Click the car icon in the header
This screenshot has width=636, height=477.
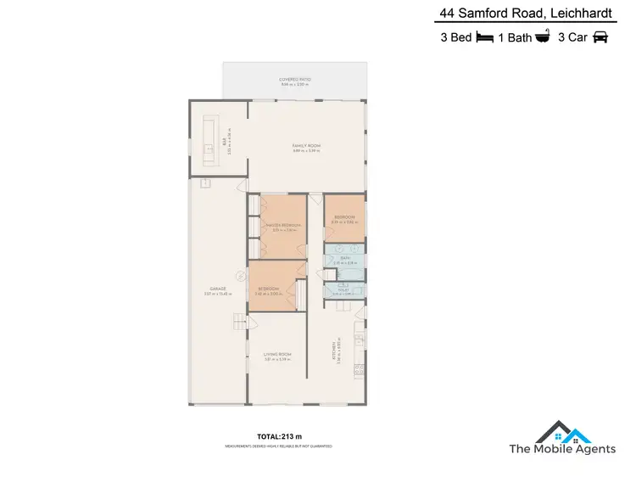pyautogui.click(x=600, y=37)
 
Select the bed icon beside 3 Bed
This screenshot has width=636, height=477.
pyautogui.click(x=485, y=37)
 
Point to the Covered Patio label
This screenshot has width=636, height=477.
pyautogui.click(x=295, y=80)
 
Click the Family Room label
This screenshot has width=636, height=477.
pyautogui.click(x=306, y=147)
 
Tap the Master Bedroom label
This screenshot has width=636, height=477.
pyautogui.click(x=283, y=226)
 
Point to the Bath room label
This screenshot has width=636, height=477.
pyautogui.click(x=344, y=258)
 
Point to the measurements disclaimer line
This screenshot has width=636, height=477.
pyautogui.click(x=277, y=446)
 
